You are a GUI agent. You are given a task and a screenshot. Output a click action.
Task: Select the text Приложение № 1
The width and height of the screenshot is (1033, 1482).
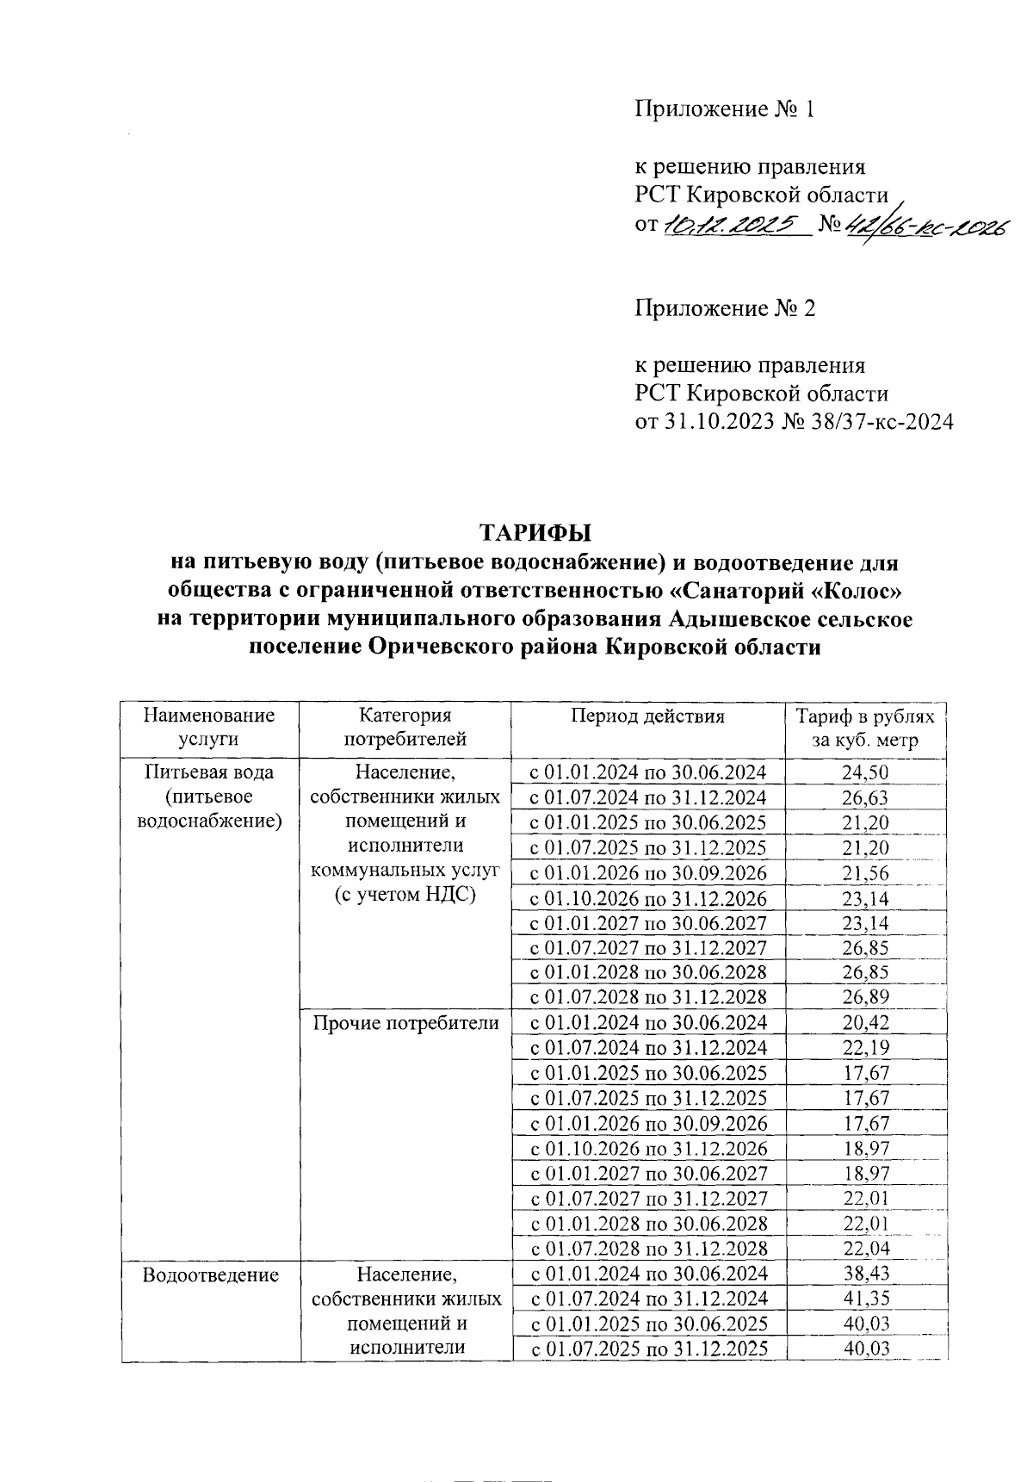click(x=724, y=109)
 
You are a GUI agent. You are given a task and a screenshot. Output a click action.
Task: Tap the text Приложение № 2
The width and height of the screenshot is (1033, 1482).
click(x=724, y=307)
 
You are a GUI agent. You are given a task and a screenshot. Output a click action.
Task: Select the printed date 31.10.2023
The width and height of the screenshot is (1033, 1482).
click(x=719, y=421)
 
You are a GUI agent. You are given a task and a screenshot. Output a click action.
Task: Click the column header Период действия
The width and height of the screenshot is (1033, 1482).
click(x=647, y=716)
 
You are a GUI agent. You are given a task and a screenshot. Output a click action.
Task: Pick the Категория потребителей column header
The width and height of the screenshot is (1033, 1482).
click(x=405, y=728)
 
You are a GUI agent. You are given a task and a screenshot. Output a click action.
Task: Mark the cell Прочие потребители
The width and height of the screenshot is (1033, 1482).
click(x=405, y=1023)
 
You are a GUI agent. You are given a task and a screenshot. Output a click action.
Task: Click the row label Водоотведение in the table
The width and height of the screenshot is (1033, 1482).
click(x=211, y=1274)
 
